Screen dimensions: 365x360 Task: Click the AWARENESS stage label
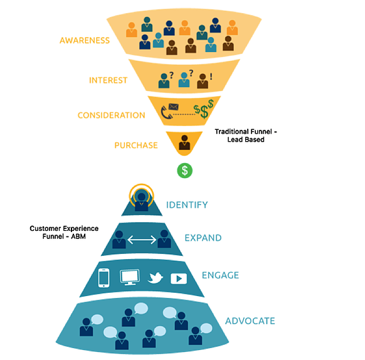[x=85, y=41]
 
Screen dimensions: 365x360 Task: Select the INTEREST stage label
[x=108, y=80]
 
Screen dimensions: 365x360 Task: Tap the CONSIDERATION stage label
[x=111, y=115]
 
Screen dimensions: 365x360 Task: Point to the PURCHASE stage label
[x=136, y=146]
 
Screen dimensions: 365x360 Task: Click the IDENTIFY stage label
[x=187, y=205]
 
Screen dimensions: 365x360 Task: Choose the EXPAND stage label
[x=203, y=238]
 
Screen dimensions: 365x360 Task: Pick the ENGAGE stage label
[x=220, y=275]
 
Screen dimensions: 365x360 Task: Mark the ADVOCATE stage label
[x=250, y=321]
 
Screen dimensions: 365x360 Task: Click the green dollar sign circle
[x=184, y=171]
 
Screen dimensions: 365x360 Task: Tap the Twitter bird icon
[x=155, y=278]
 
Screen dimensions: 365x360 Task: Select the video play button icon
[x=179, y=278]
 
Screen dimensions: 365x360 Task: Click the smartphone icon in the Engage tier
[x=104, y=278]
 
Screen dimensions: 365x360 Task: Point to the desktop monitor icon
[x=130, y=277]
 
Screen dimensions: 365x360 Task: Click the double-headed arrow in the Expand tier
[x=142, y=240]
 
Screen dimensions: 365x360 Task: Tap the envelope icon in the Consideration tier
[x=174, y=107]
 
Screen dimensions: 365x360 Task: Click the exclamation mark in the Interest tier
[x=211, y=77]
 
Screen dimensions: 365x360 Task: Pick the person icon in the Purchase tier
[x=184, y=142]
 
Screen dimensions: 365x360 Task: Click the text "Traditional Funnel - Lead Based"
[x=246, y=135]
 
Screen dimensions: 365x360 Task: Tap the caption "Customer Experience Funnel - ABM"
[x=64, y=233]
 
